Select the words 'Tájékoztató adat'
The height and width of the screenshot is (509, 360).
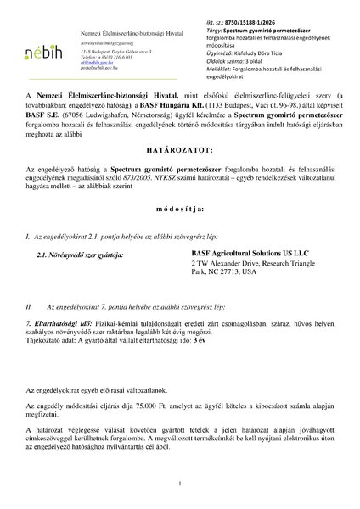(x=52, y=349)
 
